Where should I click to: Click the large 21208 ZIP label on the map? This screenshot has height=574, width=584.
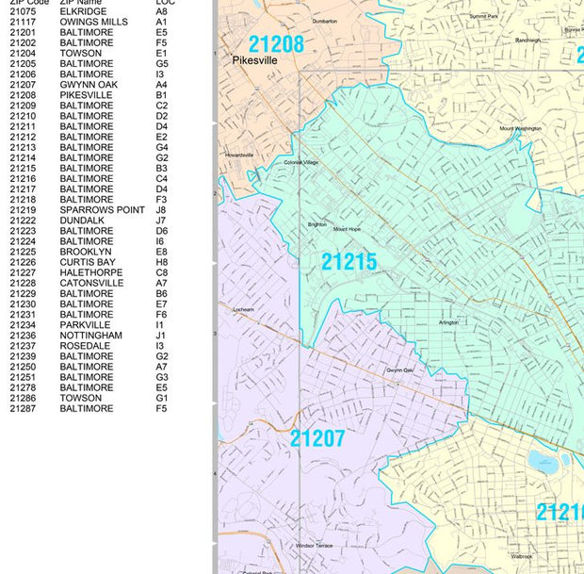277,44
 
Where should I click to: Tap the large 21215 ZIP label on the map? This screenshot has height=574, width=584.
349,262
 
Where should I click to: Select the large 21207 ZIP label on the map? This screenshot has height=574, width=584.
317,438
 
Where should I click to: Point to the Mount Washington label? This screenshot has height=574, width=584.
520,128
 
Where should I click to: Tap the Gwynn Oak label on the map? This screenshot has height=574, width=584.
406,370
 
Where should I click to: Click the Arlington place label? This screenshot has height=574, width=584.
448,322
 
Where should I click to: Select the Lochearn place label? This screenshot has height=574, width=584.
243,309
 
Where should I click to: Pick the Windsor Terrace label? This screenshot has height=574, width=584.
314,546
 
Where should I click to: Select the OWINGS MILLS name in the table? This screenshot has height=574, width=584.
93,23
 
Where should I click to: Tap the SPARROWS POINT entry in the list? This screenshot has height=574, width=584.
102,210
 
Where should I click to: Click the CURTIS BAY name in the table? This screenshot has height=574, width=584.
87,262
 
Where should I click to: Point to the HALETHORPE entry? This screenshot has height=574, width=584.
90,272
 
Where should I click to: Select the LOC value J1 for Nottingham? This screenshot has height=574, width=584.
160,336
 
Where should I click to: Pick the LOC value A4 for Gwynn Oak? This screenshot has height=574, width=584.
161,85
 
